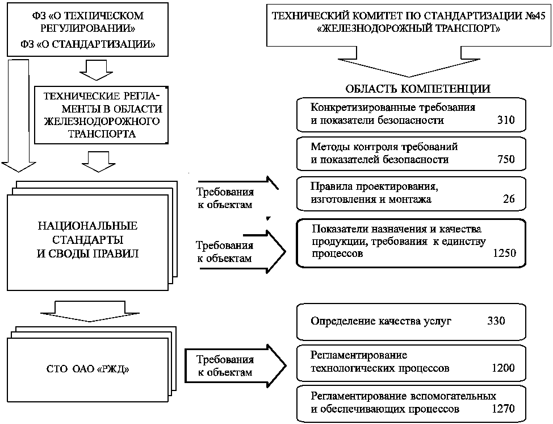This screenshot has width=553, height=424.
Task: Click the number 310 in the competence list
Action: pyautogui.click(x=506, y=120)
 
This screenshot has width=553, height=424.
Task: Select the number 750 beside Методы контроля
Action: pyautogui.click(x=506, y=159)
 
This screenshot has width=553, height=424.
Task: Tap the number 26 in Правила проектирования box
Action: pyautogui.click(x=509, y=199)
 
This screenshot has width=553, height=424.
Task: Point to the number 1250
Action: pyautogui.click(x=504, y=253)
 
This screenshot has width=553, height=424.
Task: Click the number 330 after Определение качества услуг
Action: pyautogui.click(x=496, y=321)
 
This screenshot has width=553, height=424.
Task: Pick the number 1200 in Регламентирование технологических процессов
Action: pyautogui.click(x=503, y=368)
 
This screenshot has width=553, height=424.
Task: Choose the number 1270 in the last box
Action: pyautogui.click(x=503, y=409)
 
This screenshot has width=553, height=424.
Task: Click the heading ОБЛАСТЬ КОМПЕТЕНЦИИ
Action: pyautogui.click(x=417, y=88)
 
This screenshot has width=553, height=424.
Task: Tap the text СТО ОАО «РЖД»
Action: pyautogui.click(x=88, y=369)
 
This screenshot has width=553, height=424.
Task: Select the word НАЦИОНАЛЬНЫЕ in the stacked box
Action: pyautogui.click(x=88, y=226)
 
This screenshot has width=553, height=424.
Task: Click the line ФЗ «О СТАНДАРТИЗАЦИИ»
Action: pyautogui.click(x=87, y=44)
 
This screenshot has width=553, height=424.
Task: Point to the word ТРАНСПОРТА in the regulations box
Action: pyautogui.click(x=102, y=134)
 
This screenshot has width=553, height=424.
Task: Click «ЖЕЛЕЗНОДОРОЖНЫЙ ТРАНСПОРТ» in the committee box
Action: pyautogui.click(x=409, y=28)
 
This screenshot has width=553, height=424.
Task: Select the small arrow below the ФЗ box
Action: pyautogui.click(x=97, y=70)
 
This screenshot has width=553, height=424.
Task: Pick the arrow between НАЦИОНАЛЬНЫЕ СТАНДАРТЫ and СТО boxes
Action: pyautogui.click(x=90, y=311)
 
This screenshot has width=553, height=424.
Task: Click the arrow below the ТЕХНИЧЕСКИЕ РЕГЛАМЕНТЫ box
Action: pyautogui.click(x=98, y=161)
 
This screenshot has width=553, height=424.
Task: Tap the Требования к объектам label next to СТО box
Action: pyautogui.click(x=225, y=366)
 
